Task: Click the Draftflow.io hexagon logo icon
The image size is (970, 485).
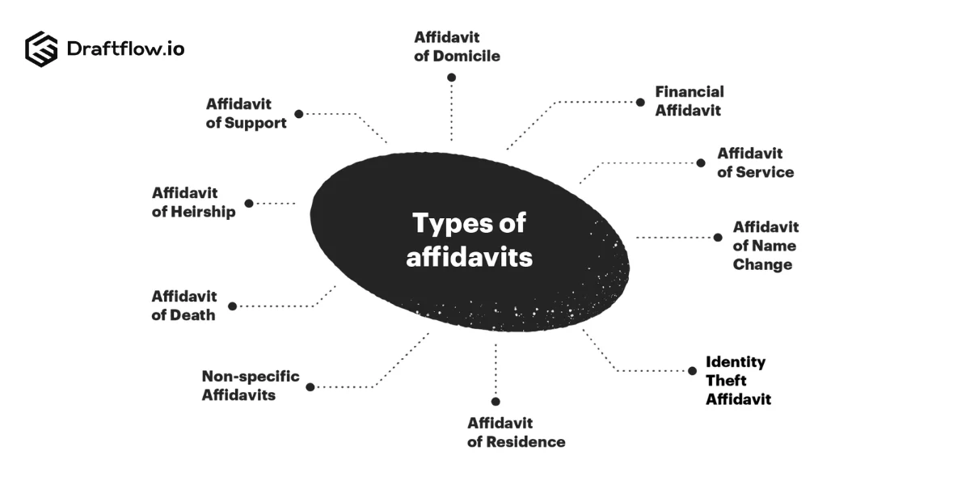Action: [x=41, y=49]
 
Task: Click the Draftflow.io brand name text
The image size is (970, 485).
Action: [x=125, y=48]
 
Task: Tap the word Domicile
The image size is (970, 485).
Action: [x=466, y=57]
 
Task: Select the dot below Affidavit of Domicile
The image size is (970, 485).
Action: [x=451, y=78]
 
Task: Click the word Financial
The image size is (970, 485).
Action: [x=690, y=92]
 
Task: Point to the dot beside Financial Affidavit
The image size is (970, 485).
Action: [x=640, y=103]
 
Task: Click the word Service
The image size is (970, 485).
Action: [x=765, y=172]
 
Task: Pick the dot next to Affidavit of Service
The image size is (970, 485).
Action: [x=701, y=163]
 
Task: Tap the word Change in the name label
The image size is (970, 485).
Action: [x=762, y=264]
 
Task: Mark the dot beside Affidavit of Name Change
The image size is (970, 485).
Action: [x=718, y=238]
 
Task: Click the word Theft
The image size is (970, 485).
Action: [x=726, y=381]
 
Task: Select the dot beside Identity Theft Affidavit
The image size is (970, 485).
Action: [x=692, y=371]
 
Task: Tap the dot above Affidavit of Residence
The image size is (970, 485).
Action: [x=496, y=402]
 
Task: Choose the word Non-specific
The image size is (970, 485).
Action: [x=251, y=377]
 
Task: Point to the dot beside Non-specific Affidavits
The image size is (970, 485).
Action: [x=310, y=387]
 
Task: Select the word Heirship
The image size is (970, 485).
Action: [x=203, y=212]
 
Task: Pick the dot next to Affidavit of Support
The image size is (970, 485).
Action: [x=299, y=114]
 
